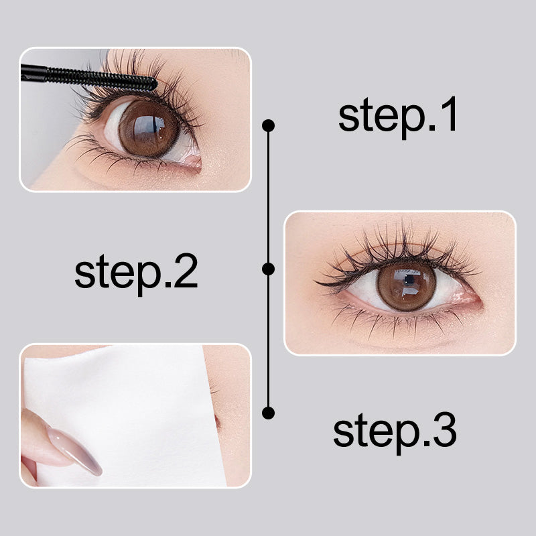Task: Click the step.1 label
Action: [397, 116]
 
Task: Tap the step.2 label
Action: [136, 274]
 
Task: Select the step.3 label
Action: [395, 432]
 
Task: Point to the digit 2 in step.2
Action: [186, 271]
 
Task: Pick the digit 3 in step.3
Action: [444, 429]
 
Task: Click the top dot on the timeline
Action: [269, 125]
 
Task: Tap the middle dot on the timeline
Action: [269, 269]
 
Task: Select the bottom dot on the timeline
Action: [269, 413]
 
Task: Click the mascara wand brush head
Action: [102, 79]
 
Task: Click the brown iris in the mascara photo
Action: [149, 128]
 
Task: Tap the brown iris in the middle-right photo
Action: [407, 286]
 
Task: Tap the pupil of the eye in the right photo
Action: [409, 280]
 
